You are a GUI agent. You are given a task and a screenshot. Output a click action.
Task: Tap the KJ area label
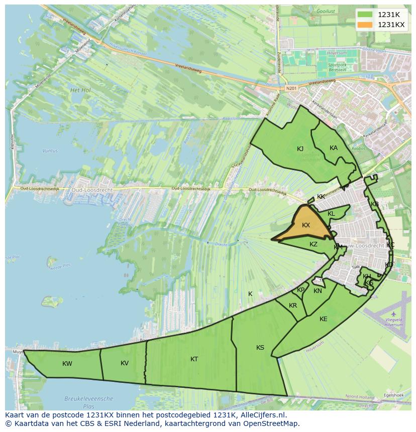point(300,149)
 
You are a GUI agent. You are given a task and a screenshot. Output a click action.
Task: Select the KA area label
point(334,148)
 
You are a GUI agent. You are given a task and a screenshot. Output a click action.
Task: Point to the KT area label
point(194,359)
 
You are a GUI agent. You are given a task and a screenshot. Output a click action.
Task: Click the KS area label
point(260,348)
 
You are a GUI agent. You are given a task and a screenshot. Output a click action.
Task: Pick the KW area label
point(67,364)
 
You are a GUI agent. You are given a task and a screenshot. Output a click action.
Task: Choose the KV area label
point(125,363)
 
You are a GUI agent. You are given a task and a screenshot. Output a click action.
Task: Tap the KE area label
point(324,319)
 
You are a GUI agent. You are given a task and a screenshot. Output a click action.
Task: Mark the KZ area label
point(314,244)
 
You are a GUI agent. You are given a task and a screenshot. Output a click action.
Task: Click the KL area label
point(331,214)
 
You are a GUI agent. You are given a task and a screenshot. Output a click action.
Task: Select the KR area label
point(293,306)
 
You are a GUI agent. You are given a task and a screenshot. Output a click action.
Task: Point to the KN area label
point(318,291)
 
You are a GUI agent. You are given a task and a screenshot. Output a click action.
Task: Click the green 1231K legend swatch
point(365,15)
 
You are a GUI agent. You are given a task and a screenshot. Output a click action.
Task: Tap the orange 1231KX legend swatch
point(365,25)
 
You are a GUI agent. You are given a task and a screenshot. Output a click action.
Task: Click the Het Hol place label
point(80,90)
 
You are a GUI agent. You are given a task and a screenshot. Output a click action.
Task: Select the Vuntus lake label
point(50,151)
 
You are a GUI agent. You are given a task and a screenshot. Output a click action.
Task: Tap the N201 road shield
point(288,89)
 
